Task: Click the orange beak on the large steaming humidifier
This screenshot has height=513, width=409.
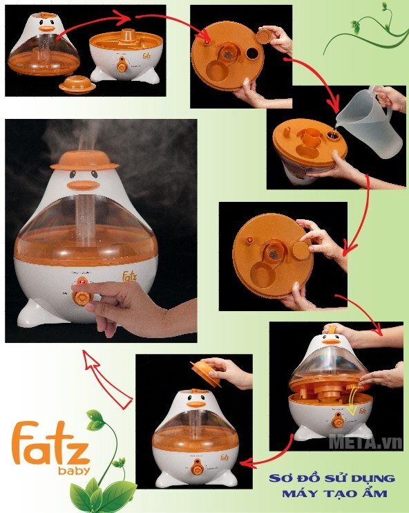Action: tap(84, 185)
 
